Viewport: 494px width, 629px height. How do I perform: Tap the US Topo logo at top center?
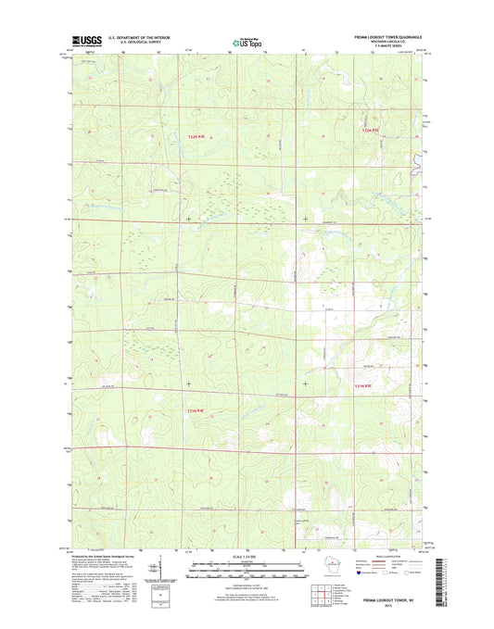click(246, 41)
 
